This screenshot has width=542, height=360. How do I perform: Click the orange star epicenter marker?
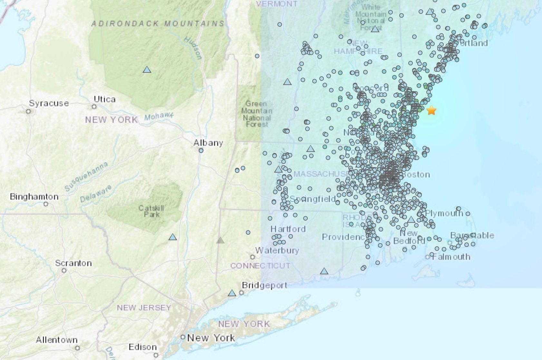coord(431,110)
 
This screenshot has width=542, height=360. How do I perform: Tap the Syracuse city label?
coord(49,103)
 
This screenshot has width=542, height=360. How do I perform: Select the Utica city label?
coord(104,99)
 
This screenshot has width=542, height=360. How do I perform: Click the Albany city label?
coord(208,143)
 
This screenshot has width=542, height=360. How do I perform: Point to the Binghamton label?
coord(34,196)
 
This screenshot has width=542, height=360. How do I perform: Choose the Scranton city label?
coord(73,263)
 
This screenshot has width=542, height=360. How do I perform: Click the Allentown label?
coord(57,340)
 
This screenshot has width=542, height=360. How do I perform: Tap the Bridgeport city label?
coord(264,285)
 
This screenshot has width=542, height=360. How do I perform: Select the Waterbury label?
coord(277,250)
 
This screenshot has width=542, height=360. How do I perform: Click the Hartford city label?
coord(288,229)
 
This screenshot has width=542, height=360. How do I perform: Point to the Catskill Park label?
coord(151,211)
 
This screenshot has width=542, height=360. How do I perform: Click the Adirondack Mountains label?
coord(158,24)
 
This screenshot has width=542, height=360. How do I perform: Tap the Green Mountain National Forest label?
coord(257,114)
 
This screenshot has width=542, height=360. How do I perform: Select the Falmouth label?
coord(451,257)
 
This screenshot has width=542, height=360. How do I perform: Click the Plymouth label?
coord(444,213)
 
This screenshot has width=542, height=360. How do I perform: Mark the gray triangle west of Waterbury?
coord(220,240)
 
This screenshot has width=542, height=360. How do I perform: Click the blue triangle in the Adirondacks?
coord(147,69)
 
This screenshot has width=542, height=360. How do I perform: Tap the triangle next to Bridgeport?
coord(232,293)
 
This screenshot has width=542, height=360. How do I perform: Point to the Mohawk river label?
coord(159,116)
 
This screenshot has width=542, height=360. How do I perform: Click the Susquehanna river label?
coord(86,176)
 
